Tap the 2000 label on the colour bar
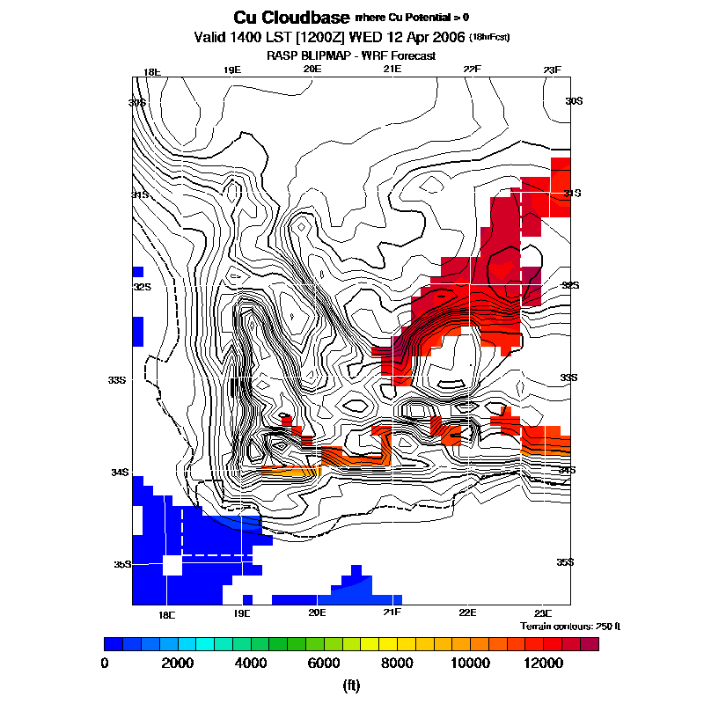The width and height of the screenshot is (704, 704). click(179, 663)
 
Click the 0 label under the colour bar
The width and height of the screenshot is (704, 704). click(106, 663)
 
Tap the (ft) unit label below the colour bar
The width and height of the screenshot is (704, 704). click(352, 685)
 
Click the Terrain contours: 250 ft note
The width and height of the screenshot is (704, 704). click(570, 626)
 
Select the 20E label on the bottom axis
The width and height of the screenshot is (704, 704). click(317, 612)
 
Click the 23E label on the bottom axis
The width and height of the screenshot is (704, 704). click(543, 612)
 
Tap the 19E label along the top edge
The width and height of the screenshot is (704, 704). click(231, 70)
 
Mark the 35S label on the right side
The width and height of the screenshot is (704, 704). click(564, 561)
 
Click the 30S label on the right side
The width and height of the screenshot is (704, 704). click(574, 101)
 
